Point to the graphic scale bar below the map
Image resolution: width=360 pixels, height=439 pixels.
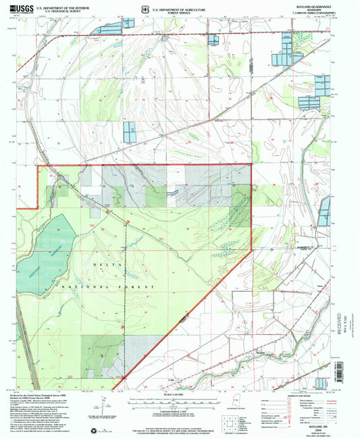pos(180,401)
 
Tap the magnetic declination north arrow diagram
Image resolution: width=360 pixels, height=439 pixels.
pos(104,407)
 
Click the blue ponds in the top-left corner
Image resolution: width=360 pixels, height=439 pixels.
pos(111,28)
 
